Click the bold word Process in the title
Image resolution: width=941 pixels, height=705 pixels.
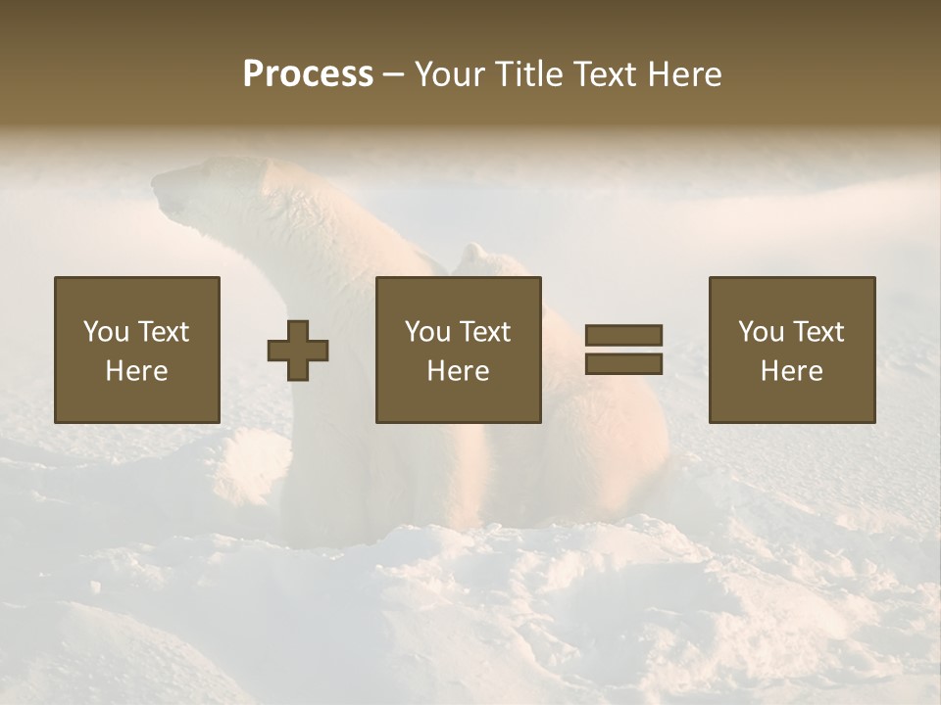pos(308,74)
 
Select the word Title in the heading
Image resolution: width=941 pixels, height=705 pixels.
pos(530,74)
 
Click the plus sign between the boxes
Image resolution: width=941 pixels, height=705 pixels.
pos(298,351)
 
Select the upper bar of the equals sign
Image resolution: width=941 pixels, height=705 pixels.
pos(623,335)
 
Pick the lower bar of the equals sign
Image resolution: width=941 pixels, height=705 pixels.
pos(623,364)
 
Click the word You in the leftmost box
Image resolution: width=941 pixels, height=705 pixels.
pos(106,332)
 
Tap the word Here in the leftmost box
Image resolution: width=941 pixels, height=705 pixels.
pos(136,371)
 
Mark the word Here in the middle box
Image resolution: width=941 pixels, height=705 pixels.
pos(458,371)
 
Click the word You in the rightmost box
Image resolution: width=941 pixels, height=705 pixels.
pos(761,332)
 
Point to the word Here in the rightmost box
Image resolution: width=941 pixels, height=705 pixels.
pos(791,371)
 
